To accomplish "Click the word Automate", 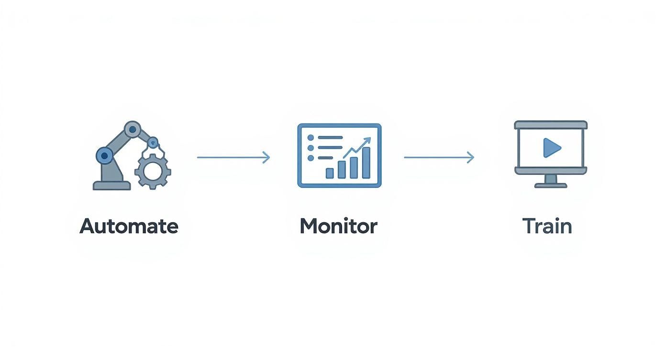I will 129,226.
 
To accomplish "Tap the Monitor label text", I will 338,226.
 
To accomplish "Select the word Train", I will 547,226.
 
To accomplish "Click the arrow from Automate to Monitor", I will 233,157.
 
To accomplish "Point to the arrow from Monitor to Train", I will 439,157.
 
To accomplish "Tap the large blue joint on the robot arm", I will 104,156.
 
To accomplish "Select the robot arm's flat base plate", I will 111,186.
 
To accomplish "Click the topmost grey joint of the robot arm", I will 133,129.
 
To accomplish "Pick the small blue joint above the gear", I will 153,142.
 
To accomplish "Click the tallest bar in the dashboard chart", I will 366,163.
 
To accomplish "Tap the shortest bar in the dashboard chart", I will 330,173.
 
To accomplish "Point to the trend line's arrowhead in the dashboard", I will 367,140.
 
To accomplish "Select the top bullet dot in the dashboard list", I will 311,137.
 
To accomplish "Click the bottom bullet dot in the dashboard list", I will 311,158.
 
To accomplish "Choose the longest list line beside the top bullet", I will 331,137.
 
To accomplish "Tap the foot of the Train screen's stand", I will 551,185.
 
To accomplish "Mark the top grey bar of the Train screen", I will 551,125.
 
